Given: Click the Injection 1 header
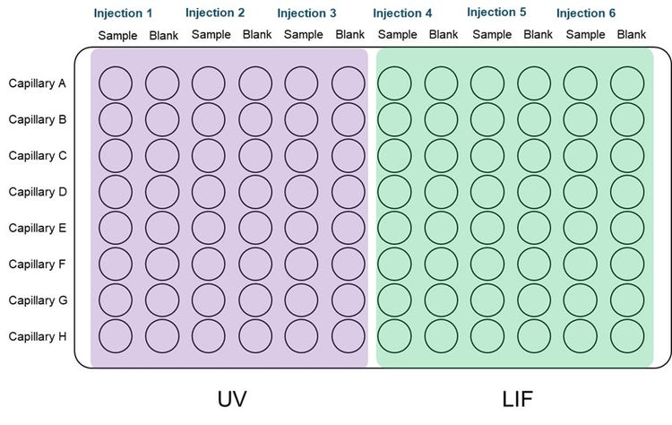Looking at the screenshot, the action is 123,13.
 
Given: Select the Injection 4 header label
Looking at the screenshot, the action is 402,13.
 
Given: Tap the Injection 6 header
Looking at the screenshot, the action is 586,13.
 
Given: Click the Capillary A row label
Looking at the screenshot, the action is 38,83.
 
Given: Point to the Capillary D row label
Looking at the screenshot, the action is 38,192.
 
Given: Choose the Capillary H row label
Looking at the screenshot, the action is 38,336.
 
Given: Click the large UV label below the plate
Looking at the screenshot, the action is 232,399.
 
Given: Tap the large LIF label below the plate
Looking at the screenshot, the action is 518,399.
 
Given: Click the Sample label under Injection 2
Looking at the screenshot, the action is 211,34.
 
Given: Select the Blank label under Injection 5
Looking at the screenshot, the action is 538,34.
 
